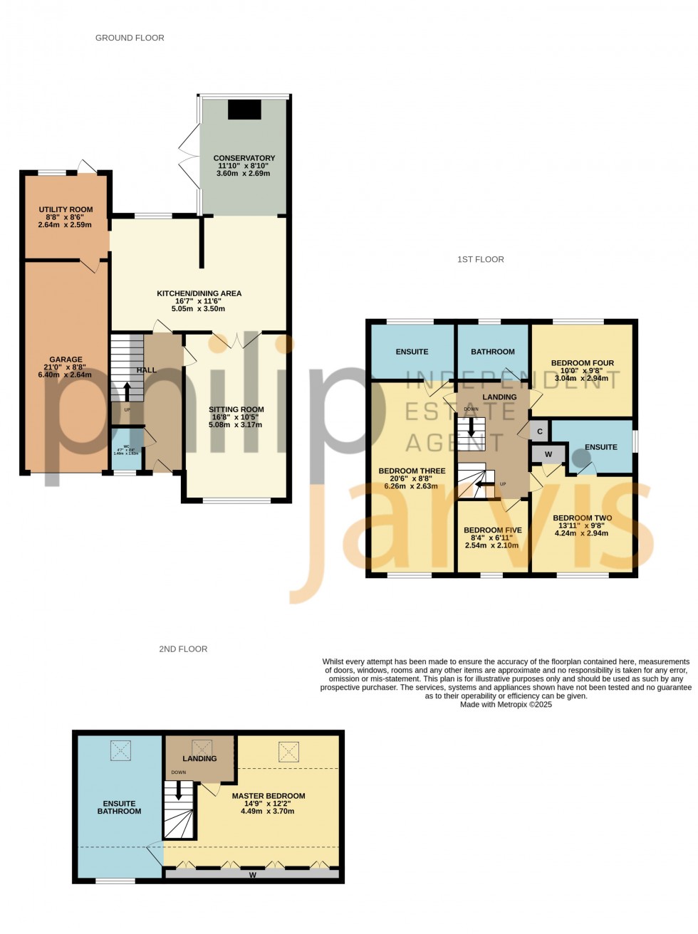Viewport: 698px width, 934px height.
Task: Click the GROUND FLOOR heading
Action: coord(130,38)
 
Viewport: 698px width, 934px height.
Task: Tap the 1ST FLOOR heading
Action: coord(480,259)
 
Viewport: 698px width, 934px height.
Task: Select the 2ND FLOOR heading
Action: coord(183,649)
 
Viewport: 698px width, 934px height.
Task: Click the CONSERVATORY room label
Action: coord(244,158)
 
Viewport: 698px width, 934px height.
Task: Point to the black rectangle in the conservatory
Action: coord(244,110)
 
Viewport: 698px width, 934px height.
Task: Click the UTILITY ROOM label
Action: coord(66,210)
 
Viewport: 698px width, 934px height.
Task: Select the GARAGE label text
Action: coord(66,360)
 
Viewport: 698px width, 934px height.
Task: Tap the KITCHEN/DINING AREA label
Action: coord(199,293)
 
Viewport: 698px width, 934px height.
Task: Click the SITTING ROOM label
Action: coord(236,409)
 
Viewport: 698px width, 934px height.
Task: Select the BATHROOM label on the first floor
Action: coord(492,352)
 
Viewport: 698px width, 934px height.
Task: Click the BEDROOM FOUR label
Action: coord(582,363)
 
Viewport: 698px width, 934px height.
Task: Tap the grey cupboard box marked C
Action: coord(540,431)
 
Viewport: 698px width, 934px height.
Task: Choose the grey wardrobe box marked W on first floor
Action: coord(548,454)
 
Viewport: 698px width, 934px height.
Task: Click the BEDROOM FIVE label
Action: coord(492,530)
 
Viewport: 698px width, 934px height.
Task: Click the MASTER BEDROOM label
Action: coord(268,796)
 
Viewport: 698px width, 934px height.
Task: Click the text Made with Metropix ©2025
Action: coord(506,705)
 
